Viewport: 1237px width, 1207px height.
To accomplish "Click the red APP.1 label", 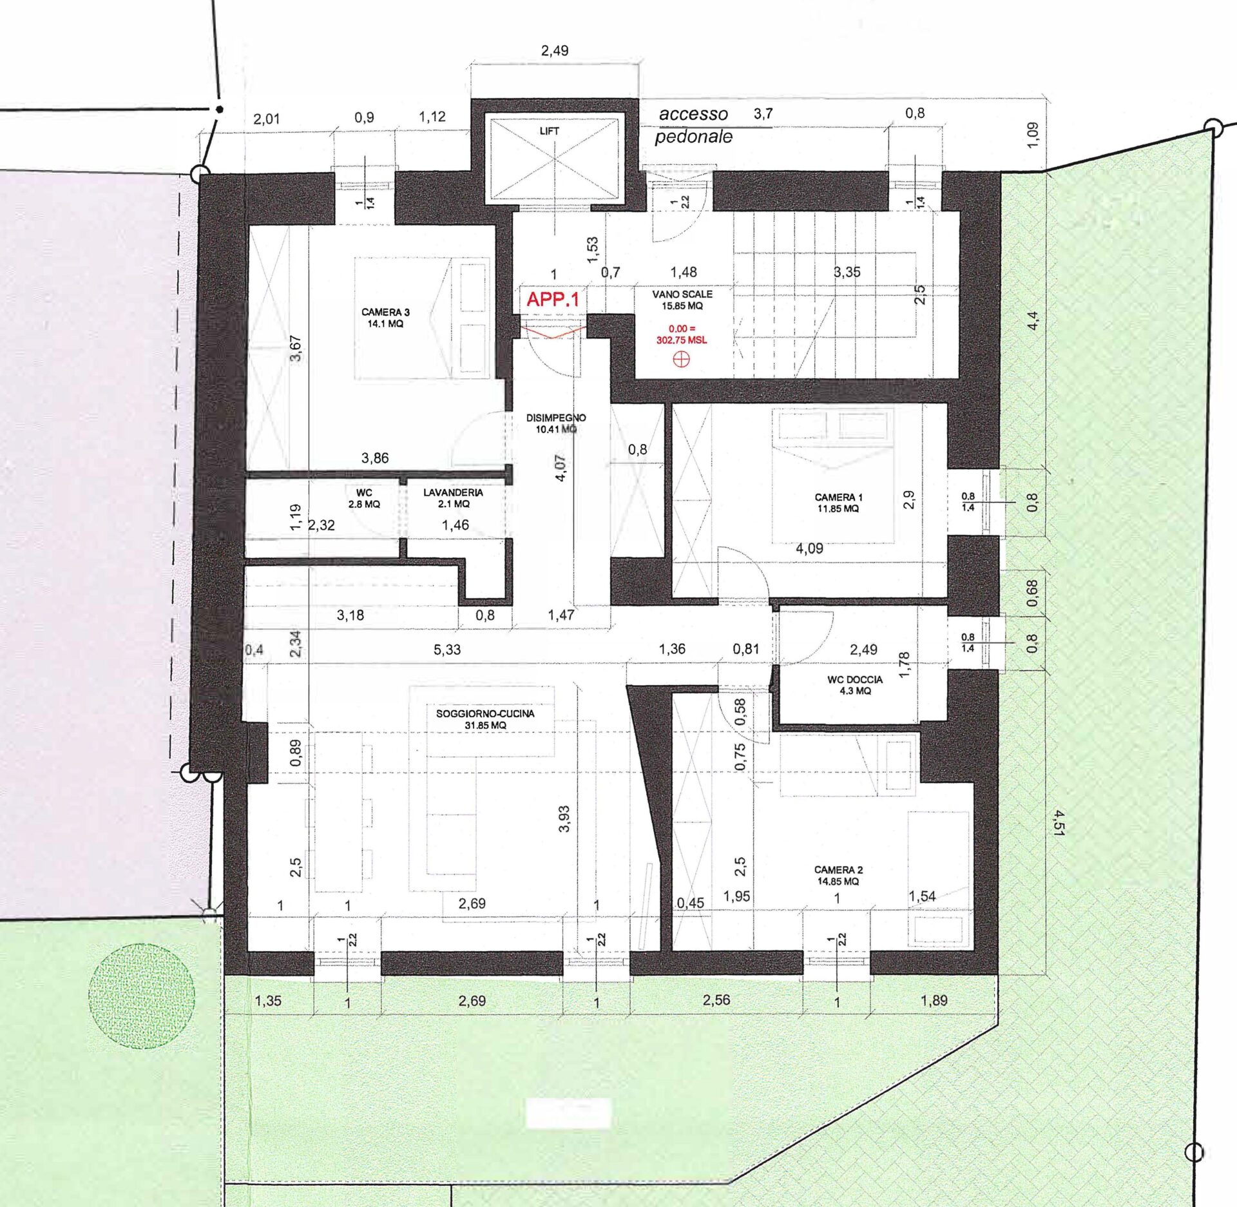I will tap(553, 299).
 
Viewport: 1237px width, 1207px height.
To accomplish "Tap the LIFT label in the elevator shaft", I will tap(549, 131).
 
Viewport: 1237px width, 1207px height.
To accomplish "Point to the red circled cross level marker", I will tap(681, 360).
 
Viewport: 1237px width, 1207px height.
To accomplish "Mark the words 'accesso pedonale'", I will tap(693, 125).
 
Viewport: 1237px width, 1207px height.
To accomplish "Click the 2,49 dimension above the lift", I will tap(555, 50).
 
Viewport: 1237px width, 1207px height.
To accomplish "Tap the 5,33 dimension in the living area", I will tap(447, 650).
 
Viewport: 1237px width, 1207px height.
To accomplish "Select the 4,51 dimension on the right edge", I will tap(1058, 822).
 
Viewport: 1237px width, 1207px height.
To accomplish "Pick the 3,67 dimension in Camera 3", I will tap(296, 349).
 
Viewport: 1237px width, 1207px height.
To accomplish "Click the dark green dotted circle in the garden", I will tap(141, 996).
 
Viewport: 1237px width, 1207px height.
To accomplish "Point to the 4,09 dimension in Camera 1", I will tap(809, 548).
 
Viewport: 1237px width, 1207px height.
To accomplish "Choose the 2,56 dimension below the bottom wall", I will tap(716, 999).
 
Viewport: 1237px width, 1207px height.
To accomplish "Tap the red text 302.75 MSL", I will tap(682, 340).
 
